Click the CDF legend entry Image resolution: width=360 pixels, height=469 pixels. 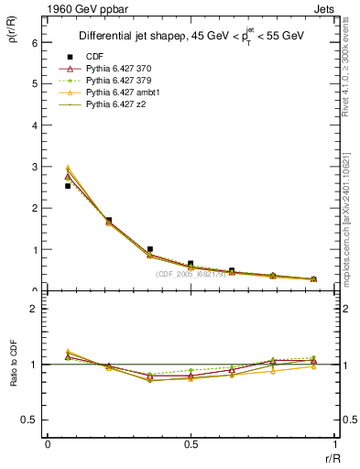coord(92,56)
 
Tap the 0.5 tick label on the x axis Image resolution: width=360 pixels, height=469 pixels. coord(191,444)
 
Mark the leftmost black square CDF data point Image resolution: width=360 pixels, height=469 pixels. coord(68,186)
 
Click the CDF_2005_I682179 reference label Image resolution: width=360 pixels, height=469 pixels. coord(192,274)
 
